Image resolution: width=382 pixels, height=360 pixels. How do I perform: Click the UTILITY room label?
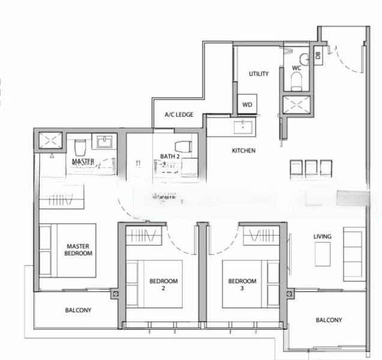coord(258,74)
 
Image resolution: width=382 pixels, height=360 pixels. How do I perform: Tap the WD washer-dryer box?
coord(247,104)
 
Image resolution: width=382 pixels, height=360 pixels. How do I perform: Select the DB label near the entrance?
coord(318,56)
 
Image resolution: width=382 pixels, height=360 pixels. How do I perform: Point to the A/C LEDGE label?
coord(179,115)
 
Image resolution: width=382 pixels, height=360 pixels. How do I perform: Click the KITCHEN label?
coord(243,151)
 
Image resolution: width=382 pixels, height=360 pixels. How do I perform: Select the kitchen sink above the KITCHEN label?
coord(243,127)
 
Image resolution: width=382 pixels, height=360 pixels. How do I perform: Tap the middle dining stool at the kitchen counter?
coord(311,167)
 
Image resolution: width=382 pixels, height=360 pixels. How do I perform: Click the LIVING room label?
coord(322,236)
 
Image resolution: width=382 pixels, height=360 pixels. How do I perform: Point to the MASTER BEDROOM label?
coord(79,250)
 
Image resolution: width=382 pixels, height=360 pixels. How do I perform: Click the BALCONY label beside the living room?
coord(329,320)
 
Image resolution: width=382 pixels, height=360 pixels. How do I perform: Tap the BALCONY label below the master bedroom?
coord(78,310)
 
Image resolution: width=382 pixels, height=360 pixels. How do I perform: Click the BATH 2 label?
coord(170,157)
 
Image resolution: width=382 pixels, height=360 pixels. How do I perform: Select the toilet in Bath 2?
coord(183,146)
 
